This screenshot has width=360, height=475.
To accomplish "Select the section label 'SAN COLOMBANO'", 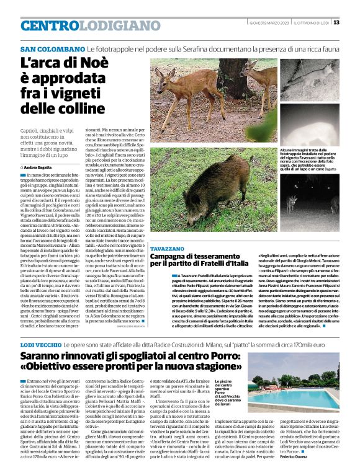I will pos(52,49).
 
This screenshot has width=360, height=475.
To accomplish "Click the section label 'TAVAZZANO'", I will pos(168,248).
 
